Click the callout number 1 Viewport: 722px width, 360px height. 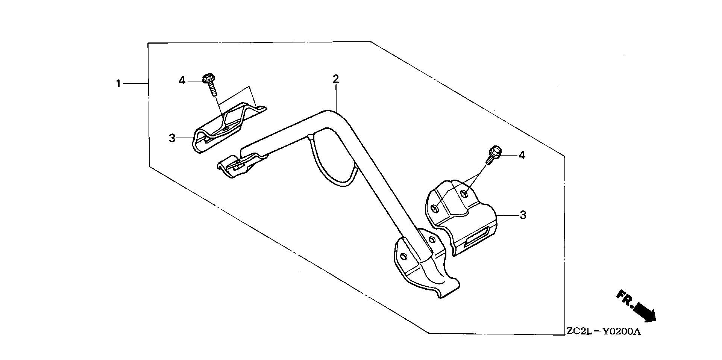pos(118,83)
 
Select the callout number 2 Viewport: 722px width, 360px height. pos(336,79)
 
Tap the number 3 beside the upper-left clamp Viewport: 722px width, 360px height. pos(172,138)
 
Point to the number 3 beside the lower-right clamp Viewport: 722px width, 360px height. pos(523,215)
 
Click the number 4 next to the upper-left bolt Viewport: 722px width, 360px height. pos(182,80)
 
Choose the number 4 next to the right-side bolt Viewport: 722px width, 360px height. pos(522,155)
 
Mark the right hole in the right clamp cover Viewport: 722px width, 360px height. pos(465,194)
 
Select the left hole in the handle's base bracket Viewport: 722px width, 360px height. pos(404,257)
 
